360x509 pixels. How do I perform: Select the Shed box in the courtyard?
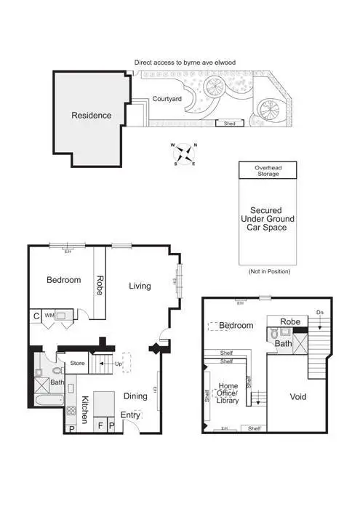pyautogui.click(x=231, y=124)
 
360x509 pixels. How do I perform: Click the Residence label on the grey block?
pyautogui.click(x=91, y=116)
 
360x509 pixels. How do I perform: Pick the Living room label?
pyautogui.click(x=140, y=286)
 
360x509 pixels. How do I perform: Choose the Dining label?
pyautogui.click(x=135, y=396)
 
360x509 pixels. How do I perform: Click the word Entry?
pyautogui.click(x=131, y=415)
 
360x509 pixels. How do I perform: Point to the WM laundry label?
pyautogui.click(x=49, y=316)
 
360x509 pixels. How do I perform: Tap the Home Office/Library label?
pyautogui.click(x=228, y=393)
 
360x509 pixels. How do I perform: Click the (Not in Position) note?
pyautogui.click(x=269, y=271)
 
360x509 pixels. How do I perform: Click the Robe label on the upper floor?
pyautogui.click(x=291, y=321)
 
